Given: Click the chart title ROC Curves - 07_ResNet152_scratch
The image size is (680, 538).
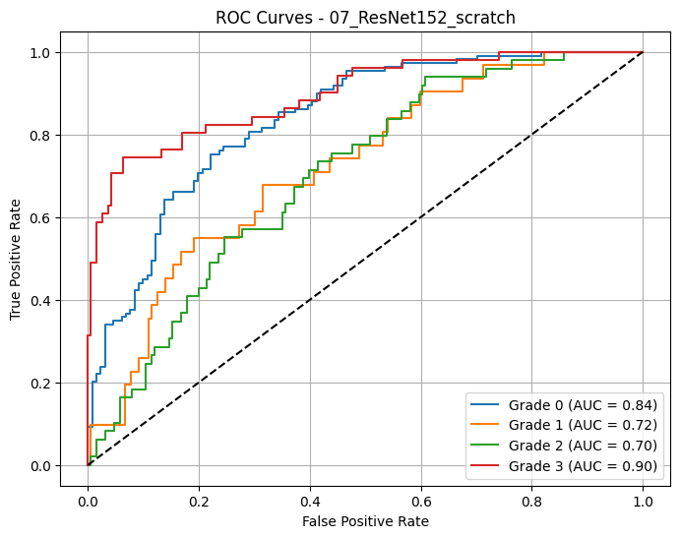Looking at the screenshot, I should pyautogui.click(x=365, y=17).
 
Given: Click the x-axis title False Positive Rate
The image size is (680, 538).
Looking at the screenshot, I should pyautogui.click(x=365, y=521).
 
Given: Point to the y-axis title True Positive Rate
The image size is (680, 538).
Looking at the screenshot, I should pyautogui.click(x=17, y=259).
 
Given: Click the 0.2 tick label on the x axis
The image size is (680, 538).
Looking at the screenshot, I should pyautogui.click(x=199, y=499).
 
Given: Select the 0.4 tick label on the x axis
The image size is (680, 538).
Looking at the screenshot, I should pyautogui.click(x=310, y=499).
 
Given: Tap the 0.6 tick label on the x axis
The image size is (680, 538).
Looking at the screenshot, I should pyautogui.click(x=421, y=499).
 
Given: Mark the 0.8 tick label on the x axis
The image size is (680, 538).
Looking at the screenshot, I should pyautogui.click(x=532, y=499).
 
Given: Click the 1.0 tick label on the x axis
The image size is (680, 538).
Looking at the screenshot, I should pyautogui.click(x=643, y=499).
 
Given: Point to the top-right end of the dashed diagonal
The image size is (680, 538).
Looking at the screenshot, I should pyautogui.click(x=643, y=52).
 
